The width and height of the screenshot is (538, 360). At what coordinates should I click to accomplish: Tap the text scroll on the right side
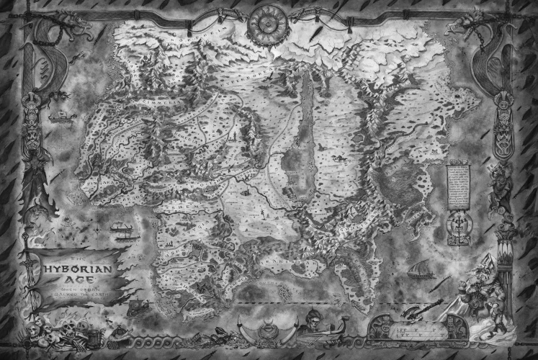coord(458,186)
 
